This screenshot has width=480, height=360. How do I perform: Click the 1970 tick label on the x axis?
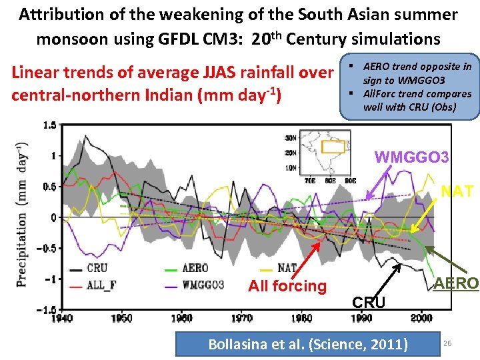[242, 318]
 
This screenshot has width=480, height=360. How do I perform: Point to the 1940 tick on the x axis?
[62, 318]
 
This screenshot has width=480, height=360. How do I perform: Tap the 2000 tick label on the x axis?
[421, 318]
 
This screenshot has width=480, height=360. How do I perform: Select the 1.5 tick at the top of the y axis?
[49, 125]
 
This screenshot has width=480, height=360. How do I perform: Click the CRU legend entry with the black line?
[96, 269]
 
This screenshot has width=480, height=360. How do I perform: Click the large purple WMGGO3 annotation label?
[411, 158]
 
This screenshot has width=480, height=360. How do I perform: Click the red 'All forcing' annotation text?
[287, 287]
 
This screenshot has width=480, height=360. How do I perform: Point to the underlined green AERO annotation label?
[455, 283]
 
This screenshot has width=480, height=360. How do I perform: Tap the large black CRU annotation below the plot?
[368, 303]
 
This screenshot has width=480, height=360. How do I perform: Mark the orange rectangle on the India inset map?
[331, 147]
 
